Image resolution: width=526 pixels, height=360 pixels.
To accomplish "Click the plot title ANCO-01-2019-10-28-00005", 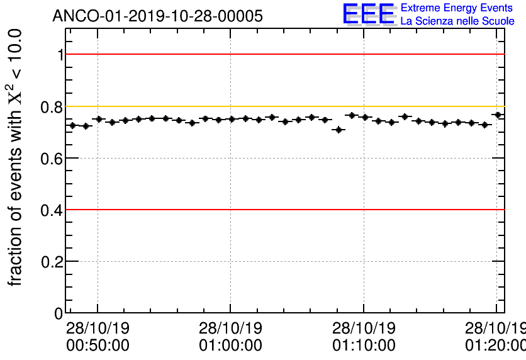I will click(x=157, y=16).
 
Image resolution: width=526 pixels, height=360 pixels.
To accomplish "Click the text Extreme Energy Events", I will click(x=457, y=8).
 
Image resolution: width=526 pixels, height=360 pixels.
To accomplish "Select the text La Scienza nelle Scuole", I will click(x=457, y=21).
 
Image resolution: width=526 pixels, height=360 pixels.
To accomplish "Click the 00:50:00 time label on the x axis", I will click(x=98, y=345).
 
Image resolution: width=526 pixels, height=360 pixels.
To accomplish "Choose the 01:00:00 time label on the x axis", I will click(x=230, y=345).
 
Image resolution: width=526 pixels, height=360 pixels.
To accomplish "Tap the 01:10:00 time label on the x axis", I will click(x=364, y=345).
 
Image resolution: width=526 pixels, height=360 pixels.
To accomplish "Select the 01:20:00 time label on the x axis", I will click(x=495, y=345).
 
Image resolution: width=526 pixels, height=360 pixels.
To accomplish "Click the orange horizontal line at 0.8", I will click(x=283, y=106).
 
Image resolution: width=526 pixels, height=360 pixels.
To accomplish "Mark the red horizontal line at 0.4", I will click(x=283, y=210).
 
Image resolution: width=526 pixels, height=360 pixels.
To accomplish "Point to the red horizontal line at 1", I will click(x=283, y=54).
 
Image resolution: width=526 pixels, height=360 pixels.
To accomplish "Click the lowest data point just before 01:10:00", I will click(x=339, y=130).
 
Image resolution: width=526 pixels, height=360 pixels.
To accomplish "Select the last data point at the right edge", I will click(x=498, y=115).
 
